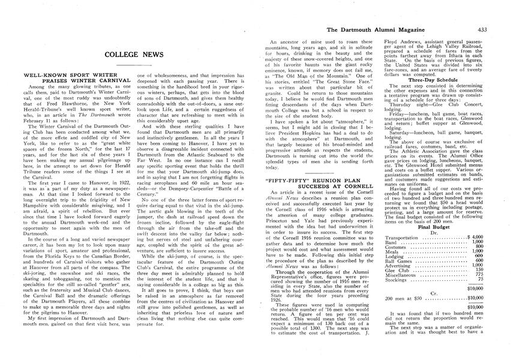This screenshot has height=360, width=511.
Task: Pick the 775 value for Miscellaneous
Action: pos(479,274)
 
